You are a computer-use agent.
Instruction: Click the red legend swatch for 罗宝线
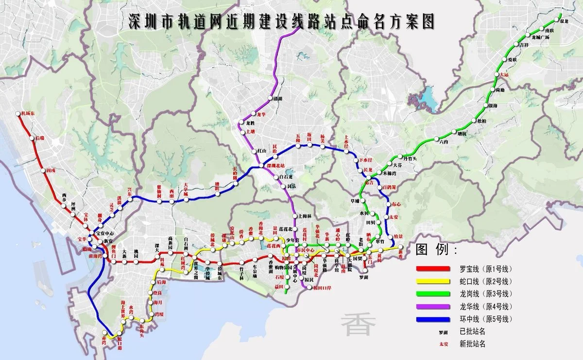[x=433, y=269]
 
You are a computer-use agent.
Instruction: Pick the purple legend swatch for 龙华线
[x=433, y=307]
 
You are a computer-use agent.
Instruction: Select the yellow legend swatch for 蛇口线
[x=433, y=281]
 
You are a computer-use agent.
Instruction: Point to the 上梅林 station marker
[x=294, y=217]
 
